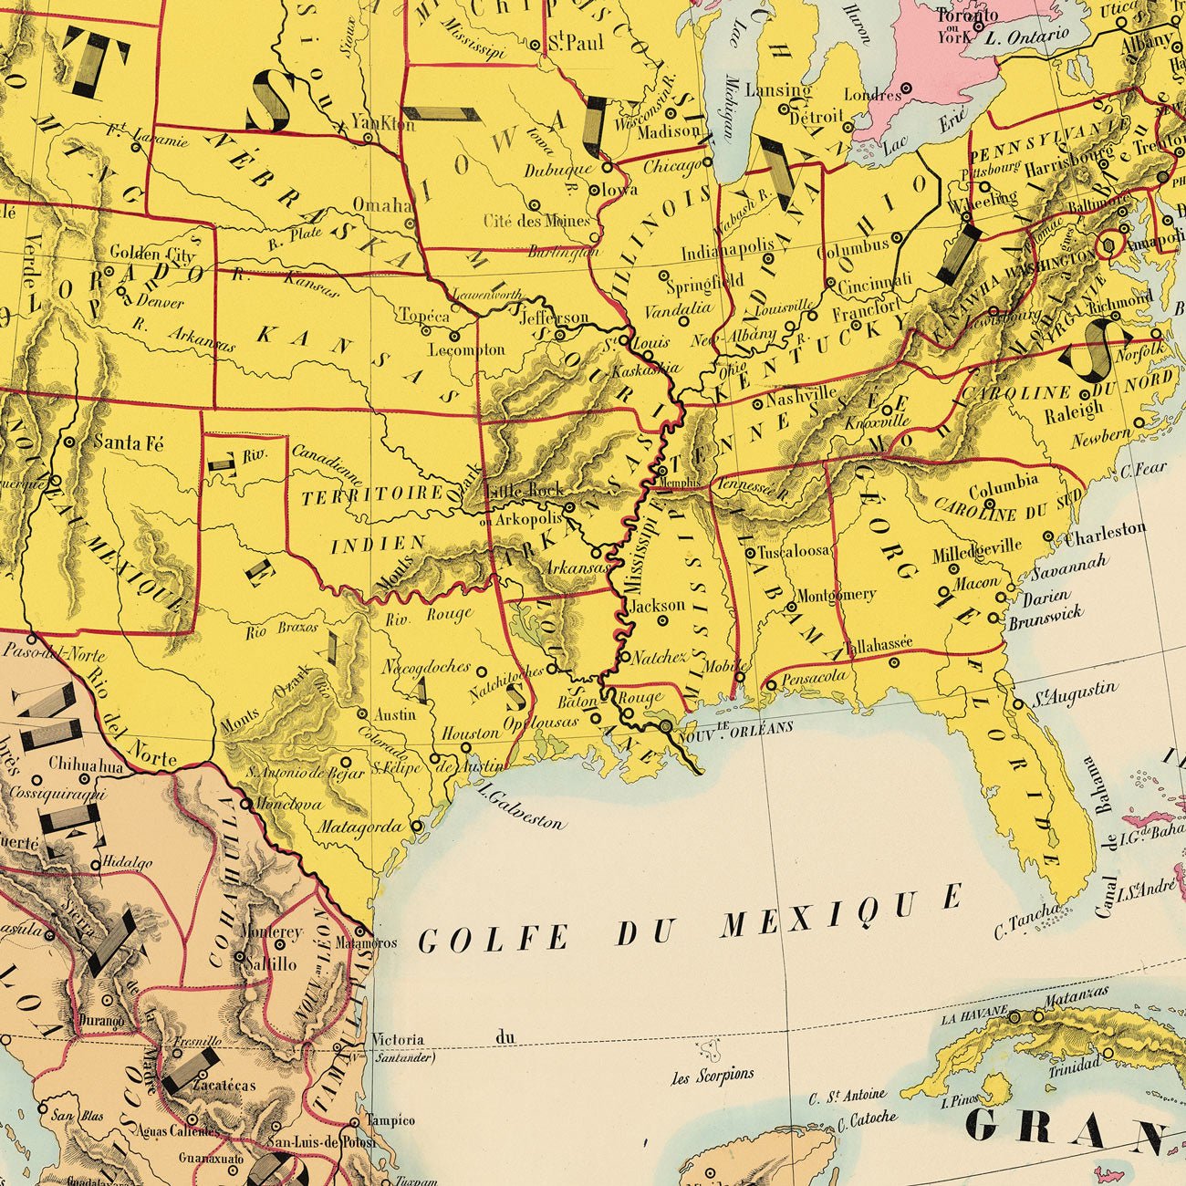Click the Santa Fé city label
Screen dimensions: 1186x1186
129,443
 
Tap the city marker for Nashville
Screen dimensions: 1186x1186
758,403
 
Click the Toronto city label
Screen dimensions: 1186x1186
966,16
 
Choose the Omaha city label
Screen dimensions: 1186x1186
382,205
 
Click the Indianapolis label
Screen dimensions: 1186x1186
728,249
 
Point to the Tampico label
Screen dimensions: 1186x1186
390,1120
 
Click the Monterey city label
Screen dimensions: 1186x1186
271,932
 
